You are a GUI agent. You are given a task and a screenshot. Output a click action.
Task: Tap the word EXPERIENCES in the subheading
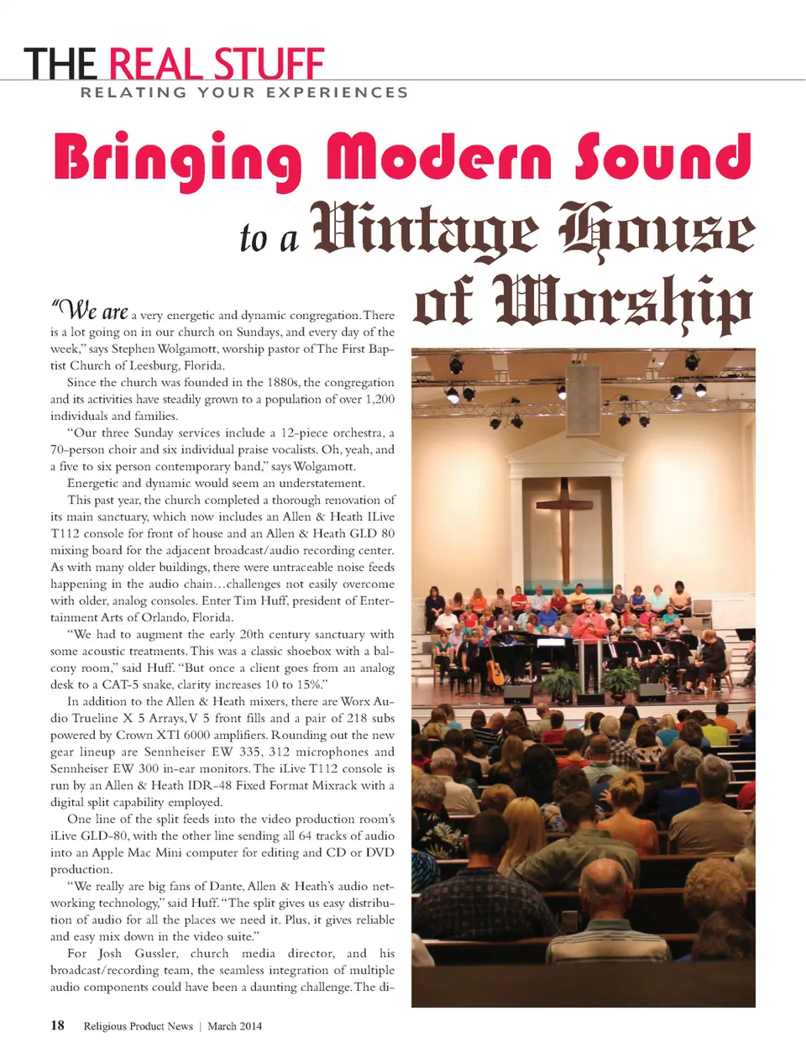point(338,92)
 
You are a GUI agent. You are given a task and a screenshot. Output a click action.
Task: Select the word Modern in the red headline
point(444,157)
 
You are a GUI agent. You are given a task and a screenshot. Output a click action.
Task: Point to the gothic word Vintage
point(425,228)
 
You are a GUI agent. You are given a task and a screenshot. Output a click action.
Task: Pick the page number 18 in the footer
point(57,1025)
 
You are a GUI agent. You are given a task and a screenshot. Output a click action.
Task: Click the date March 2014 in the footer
point(234,1026)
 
